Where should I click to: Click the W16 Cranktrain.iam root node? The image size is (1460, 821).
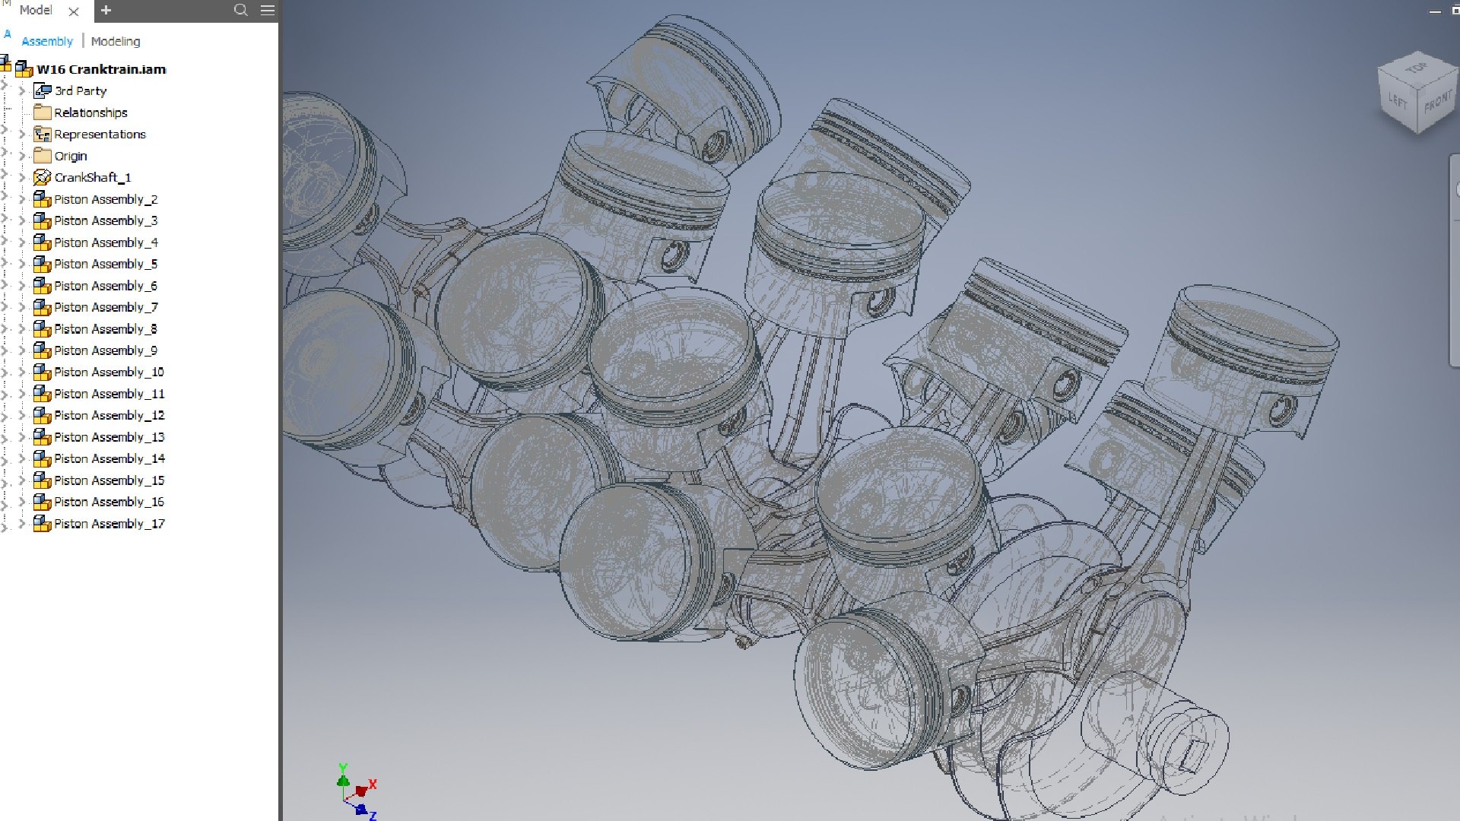tap(101, 69)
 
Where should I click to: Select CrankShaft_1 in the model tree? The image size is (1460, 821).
tap(92, 177)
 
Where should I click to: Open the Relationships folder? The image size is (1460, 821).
tap(90, 113)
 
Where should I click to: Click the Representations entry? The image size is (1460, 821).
tap(100, 134)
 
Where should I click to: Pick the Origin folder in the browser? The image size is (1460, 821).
tap(70, 156)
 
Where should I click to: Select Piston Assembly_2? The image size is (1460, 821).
tap(105, 199)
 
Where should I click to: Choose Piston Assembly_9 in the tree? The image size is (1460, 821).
tap(105, 350)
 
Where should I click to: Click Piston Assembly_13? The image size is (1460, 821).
tap(109, 437)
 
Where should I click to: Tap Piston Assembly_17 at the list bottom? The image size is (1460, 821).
tap(109, 524)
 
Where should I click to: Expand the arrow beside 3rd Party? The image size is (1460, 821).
tap(22, 90)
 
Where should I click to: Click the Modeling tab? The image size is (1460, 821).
tap(116, 41)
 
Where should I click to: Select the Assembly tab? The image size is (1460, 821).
tap(47, 41)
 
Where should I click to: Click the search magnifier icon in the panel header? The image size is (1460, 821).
tap(241, 10)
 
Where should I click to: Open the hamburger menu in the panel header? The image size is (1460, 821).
tap(268, 10)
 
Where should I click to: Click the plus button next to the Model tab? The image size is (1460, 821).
tap(106, 10)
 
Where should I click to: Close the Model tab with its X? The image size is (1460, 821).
tap(74, 11)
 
